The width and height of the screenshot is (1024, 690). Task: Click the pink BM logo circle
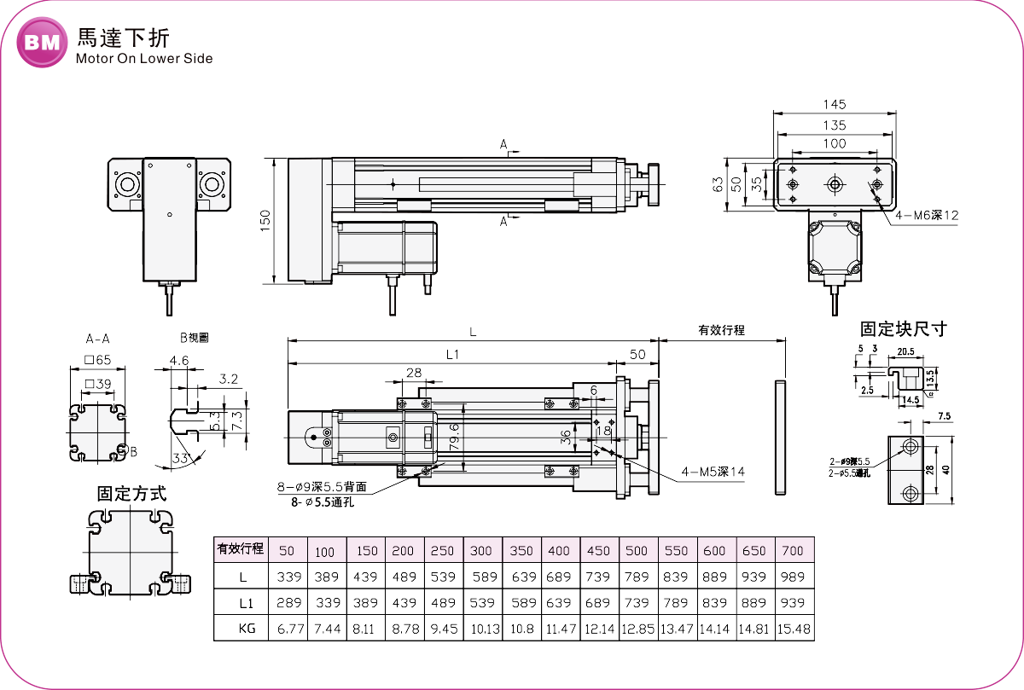coord(42,43)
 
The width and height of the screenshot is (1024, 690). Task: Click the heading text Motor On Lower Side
coord(143,59)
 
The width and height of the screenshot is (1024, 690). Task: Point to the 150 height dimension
coord(265,220)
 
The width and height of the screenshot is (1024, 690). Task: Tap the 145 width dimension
coord(835,104)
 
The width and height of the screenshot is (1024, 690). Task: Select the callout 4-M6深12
coord(927,216)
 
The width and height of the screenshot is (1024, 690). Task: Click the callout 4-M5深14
coord(713,472)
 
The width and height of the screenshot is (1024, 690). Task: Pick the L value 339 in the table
coord(290,577)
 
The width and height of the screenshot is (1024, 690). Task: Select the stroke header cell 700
coord(793,551)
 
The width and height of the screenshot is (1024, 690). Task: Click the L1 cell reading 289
coord(290,604)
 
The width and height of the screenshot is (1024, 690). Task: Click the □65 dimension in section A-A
coord(98,361)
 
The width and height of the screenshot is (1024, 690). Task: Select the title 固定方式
coord(131,494)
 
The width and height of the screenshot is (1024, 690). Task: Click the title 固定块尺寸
coord(903,329)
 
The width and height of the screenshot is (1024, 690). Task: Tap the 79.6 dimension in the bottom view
coord(454,437)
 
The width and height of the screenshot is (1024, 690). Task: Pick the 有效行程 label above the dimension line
coord(721,330)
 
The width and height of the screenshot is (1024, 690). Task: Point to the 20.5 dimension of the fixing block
coord(905,351)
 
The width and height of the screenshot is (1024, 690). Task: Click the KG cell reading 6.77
coord(290,630)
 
